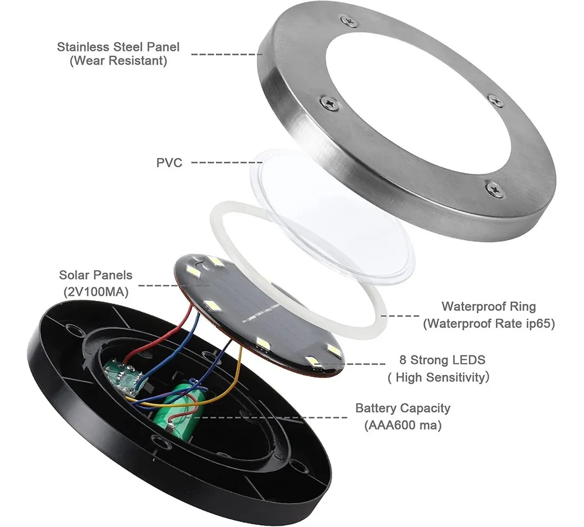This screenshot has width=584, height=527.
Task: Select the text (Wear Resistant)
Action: click(118, 61)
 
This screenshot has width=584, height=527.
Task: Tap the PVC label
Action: click(169, 162)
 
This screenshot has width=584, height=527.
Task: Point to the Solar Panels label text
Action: click(95, 275)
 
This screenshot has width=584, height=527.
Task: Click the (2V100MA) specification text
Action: click(95, 292)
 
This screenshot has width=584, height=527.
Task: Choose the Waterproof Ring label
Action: click(488, 307)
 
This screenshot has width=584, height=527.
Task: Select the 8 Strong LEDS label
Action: click(441, 360)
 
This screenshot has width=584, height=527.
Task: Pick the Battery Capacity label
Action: click(403, 408)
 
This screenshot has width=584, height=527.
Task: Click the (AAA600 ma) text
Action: click(403, 425)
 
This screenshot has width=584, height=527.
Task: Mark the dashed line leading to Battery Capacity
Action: click(273, 417)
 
